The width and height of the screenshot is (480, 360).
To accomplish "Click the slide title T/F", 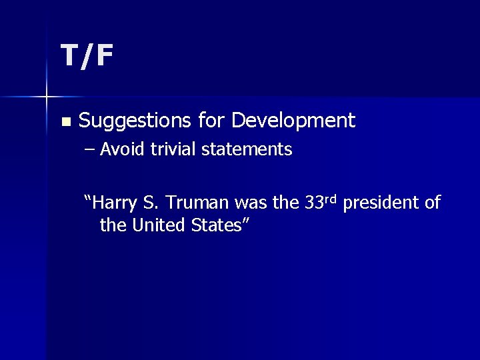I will coord(87,56).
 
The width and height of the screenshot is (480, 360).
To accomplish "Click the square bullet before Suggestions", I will coord(65,122).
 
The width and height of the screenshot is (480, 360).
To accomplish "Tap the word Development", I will coord(294,121).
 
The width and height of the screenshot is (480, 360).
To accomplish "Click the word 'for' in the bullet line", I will coord(212,121).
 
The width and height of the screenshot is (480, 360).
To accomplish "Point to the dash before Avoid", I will coord(91,150).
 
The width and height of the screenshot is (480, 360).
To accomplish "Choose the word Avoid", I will coord(123,149).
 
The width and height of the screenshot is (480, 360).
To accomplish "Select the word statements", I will coord(247,149).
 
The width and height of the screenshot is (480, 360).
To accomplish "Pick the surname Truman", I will coord(193,203).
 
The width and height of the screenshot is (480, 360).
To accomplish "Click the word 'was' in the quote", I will coord(249,203).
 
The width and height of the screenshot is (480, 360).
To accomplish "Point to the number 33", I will coord(314,203).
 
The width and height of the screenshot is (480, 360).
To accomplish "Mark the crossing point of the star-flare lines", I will coord(47,97).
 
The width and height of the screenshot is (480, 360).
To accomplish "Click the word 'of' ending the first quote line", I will coord(432,203).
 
